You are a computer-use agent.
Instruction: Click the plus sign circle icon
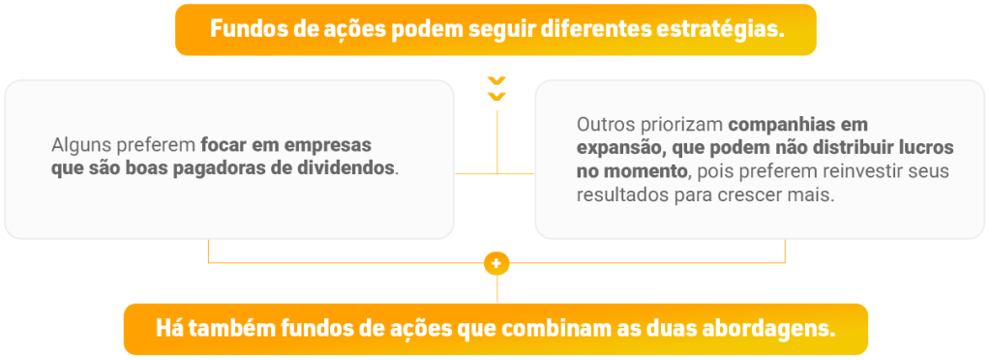[496, 263]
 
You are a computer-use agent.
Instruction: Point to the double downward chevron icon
[496, 89]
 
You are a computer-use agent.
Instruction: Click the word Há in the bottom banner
[165, 329]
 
